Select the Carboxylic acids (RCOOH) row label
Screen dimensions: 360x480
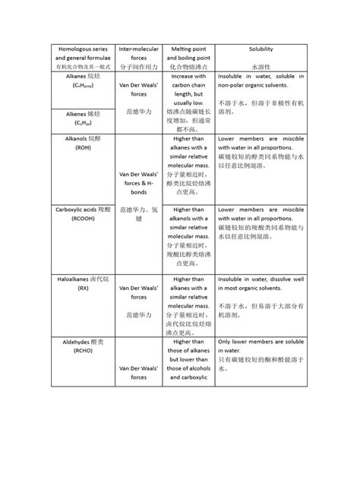[x=77, y=212]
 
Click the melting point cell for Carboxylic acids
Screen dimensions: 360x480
[x=188, y=236]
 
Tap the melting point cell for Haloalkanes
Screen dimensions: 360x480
[x=188, y=307]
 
